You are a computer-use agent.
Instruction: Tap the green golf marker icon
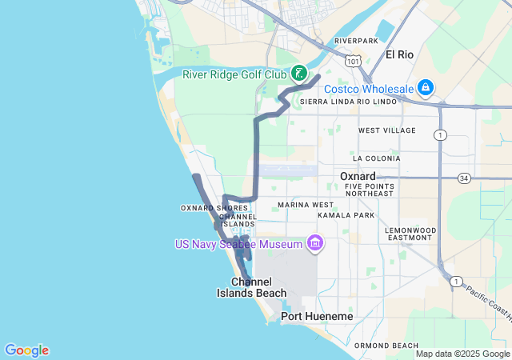tap(298, 74)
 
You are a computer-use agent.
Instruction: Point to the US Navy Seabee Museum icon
tap(314, 242)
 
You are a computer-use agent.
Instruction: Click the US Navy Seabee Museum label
tap(239, 242)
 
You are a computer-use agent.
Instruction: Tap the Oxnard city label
tap(358, 176)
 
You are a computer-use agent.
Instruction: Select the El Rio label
tap(400, 54)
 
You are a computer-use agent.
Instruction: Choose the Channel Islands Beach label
tap(251, 287)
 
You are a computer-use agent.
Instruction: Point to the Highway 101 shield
tap(354, 60)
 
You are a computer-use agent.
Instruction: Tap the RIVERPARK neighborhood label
tap(356, 40)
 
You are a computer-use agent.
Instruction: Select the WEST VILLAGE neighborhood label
tap(387, 130)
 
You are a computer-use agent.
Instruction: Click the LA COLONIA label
tap(375, 158)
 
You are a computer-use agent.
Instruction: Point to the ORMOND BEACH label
tap(386, 345)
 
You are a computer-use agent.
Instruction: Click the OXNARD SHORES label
tap(209, 208)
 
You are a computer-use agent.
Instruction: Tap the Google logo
tap(26, 350)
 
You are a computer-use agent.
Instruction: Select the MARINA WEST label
tap(306, 205)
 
